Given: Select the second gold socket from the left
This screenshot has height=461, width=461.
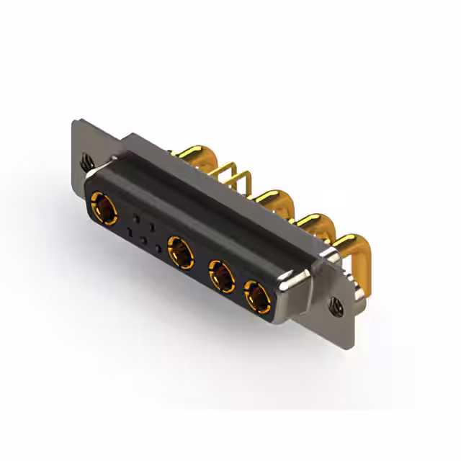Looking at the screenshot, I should click(179, 251).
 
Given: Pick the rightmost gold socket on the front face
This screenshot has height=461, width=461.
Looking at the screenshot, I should click(256, 295).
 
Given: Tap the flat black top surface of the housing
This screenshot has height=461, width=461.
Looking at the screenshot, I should click(216, 194).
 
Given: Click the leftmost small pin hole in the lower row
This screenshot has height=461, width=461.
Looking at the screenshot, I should click(130, 232).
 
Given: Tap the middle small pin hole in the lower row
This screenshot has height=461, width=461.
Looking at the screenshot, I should click(144, 240).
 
